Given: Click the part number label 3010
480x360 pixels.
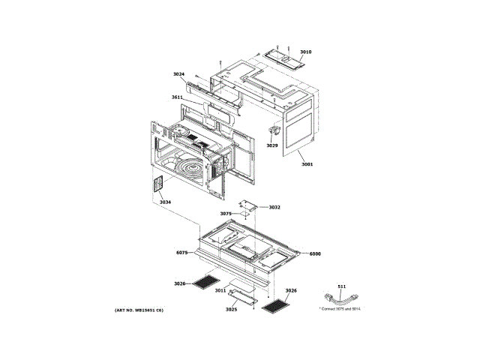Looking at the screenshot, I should [x=305, y=52].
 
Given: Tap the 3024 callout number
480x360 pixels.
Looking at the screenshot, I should [x=178, y=74].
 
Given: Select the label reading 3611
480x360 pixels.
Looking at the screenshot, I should [x=177, y=97].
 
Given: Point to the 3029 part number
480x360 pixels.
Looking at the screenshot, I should [x=272, y=145].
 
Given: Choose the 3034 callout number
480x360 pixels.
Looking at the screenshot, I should [x=165, y=202].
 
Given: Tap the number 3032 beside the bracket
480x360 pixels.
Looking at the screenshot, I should [x=274, y=207].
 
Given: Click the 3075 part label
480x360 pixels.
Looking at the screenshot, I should [x=226, y=214].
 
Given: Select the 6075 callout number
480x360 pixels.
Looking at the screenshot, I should [x=181, y=253].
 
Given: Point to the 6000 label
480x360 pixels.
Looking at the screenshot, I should [x=315, y=253].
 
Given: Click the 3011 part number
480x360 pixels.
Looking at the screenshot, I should [x=220, y=290].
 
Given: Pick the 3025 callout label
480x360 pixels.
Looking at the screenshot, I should [x=232, y=309].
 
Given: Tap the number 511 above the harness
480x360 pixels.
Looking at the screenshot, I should [x=341, y=286].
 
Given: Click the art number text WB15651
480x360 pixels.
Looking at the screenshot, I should [x=139, y=310].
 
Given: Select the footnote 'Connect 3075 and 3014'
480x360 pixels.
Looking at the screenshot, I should [x=341, y=308].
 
